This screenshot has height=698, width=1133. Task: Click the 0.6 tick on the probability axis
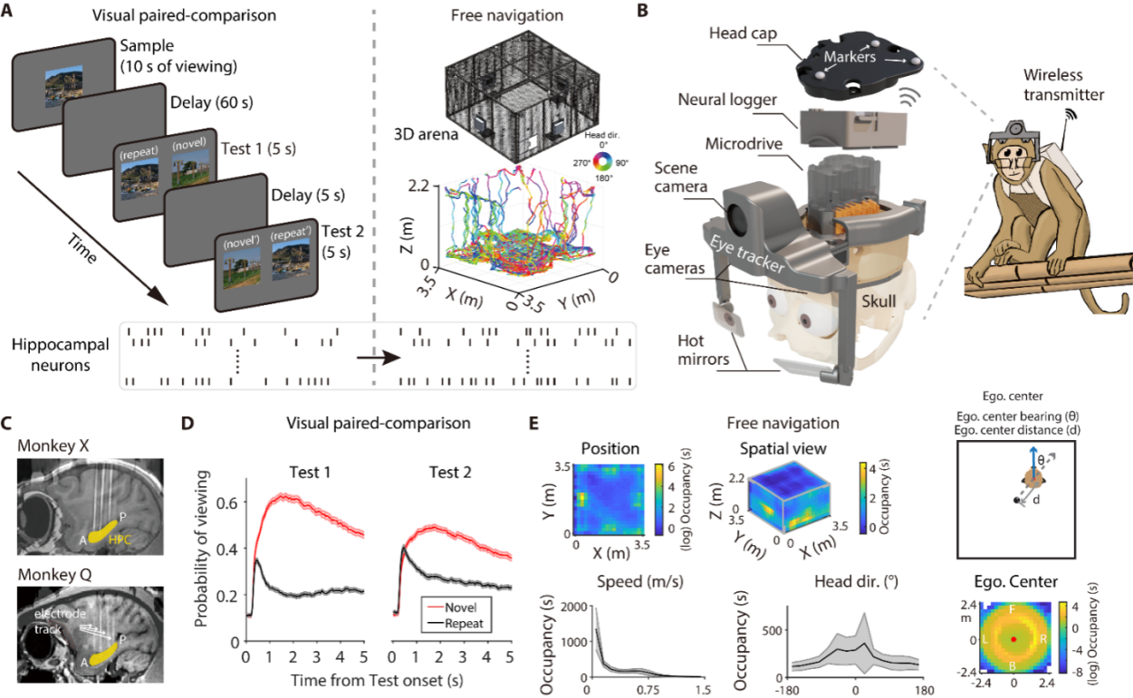pos(230,501)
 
